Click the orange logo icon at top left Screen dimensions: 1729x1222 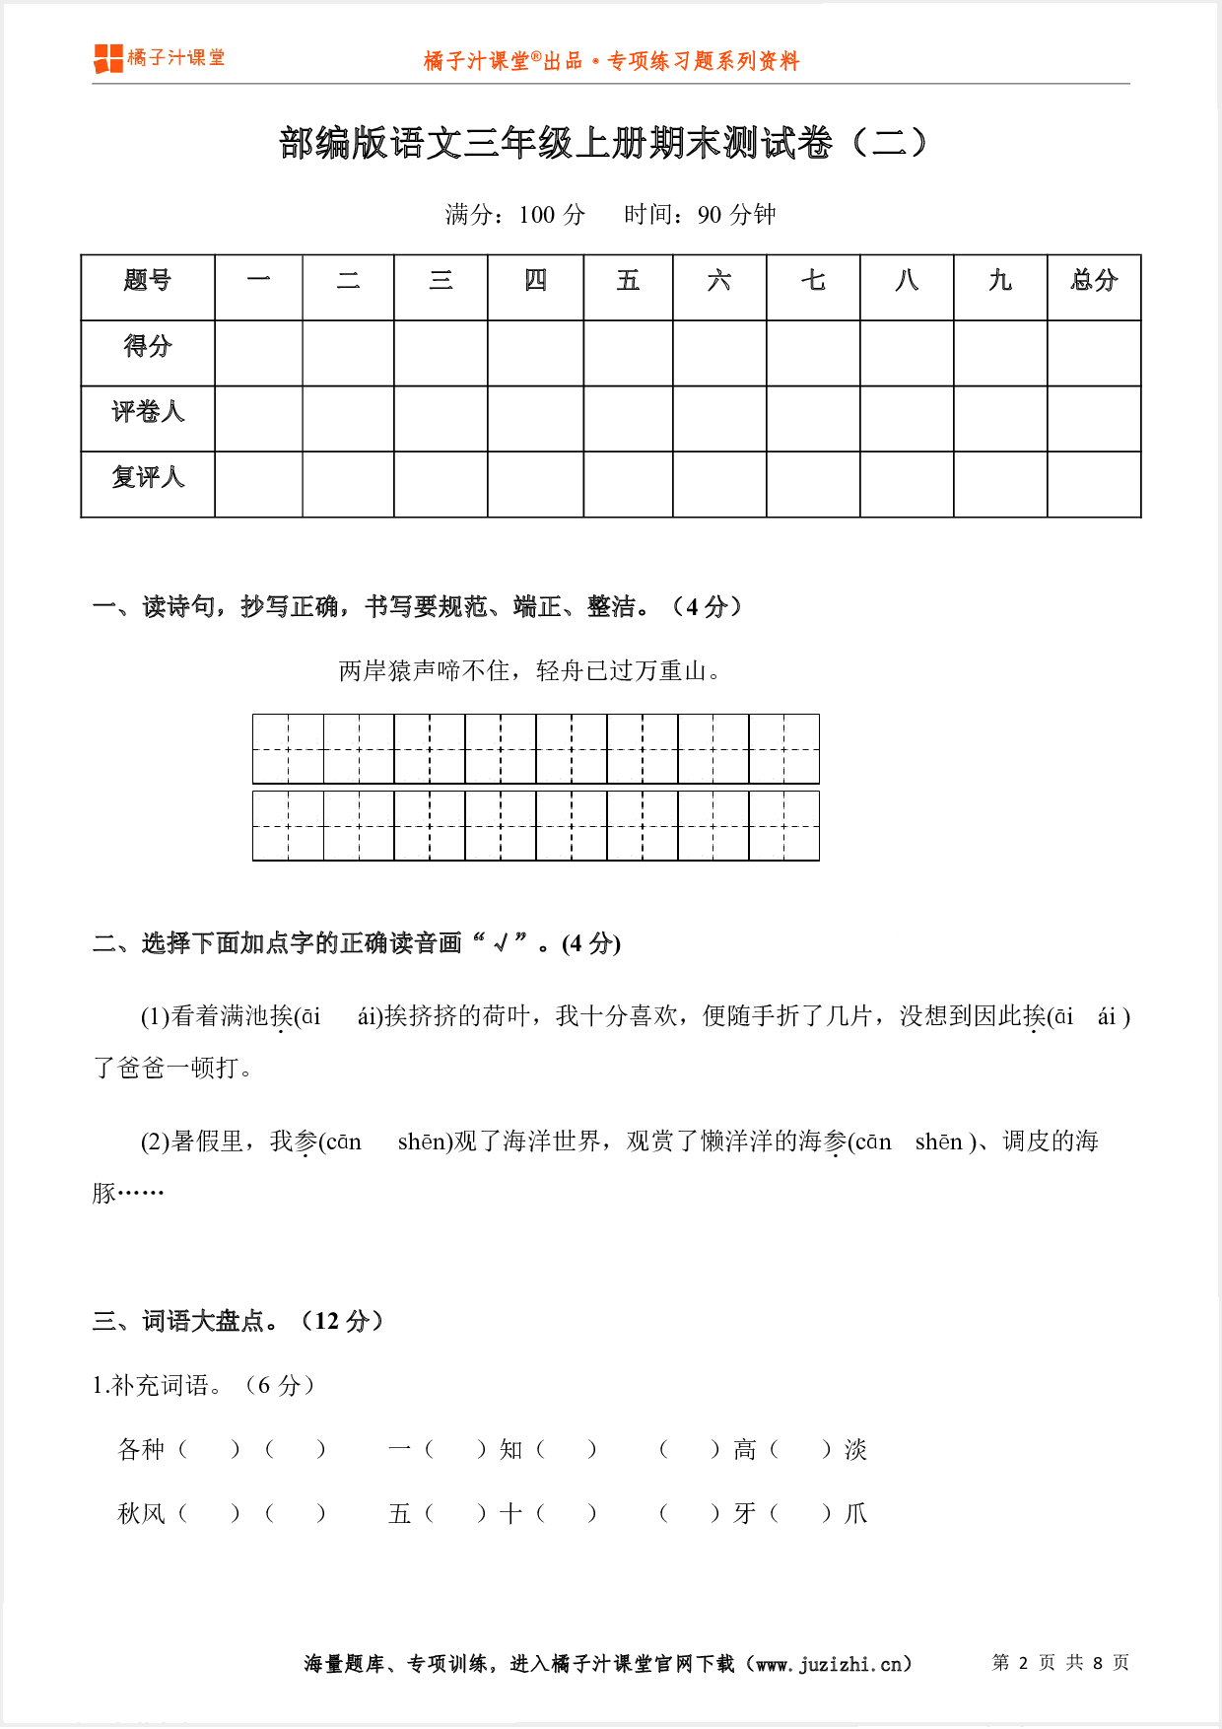(x=108, y=59)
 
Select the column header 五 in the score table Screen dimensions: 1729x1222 (x=628, y=282)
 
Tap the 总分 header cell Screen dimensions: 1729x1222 (x=1094, y=282)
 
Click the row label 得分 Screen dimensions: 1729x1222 (x=148, y=347)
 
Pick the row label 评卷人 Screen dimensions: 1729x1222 (x=148, y=412)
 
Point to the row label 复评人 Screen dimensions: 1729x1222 (x=148, y=478)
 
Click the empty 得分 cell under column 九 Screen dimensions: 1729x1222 (x=999, y=353)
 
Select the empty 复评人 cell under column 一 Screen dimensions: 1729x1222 (x=258, y=484)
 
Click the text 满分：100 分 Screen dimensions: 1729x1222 (x=514, y=215)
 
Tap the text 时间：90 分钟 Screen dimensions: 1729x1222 (x=700, y=215)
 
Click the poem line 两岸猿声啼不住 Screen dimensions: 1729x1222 (x=424, y=671)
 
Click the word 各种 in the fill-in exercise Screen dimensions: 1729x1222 (x=141, y=1449)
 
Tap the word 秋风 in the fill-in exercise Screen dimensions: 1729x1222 (x=141, y=1513)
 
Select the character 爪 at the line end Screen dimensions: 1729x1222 (x=855, y=1513)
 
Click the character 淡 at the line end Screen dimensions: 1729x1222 (x=855, y=1449)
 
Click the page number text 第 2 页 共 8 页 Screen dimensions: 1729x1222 (x=1059, y=1663)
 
